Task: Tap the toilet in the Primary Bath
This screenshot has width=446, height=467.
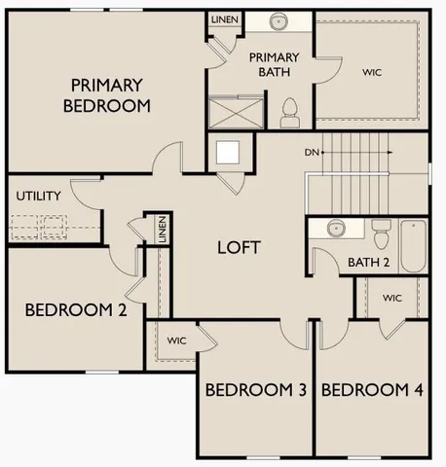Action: tap(289, 113)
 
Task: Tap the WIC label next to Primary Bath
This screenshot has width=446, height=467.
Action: tap(371, 71)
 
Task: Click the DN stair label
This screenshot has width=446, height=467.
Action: tap(311, 152)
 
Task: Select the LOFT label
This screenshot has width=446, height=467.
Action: tap(238, 247)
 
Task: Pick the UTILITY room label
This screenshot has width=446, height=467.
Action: tap(38, 196)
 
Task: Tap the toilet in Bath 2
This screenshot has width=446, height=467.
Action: tap(381, 234)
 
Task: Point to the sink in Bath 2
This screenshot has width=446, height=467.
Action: tap(336, 229)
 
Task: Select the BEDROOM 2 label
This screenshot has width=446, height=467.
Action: tap(75, 311)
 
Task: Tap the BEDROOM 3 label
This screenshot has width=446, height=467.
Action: tap(256, 390)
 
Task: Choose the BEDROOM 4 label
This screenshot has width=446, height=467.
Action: tap(372, 390)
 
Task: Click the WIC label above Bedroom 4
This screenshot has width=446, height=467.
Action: tap(391, 298)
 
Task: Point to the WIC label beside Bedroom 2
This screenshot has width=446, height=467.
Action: tap(176, 341)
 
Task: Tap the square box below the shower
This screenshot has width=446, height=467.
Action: tap(230, 153)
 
